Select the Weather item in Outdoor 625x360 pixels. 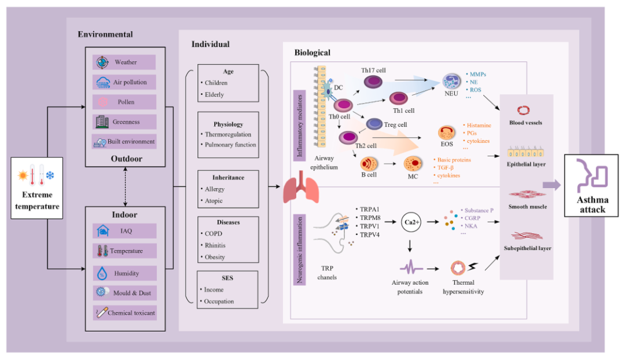(x=124, y=63)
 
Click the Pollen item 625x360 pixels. (x=124, y=102)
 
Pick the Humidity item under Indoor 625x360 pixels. (x=124, y=273)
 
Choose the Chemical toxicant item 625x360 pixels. (x=124, y=313)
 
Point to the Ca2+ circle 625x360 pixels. (x=410, y=221)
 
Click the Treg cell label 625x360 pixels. (x=395, y=125)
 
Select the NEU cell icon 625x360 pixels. (x=451, y=82)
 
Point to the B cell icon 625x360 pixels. (x=369, y=163)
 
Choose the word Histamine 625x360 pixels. (x=479, y=125)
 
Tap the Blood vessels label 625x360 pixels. (x=526, y=123)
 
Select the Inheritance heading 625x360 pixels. (x=227, y=177)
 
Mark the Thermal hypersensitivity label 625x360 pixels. (x=463, y=287)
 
